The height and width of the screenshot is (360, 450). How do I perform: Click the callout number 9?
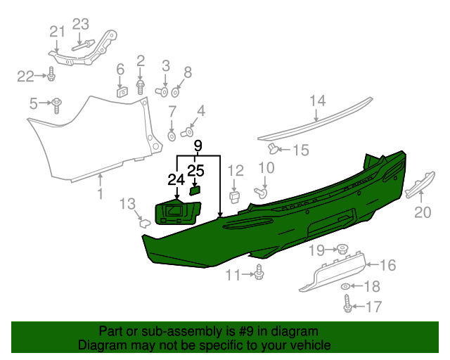(x=198, y=146)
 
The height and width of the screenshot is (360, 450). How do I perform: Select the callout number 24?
(x=176, y=180)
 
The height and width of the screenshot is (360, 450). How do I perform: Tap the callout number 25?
(x=196, y=170)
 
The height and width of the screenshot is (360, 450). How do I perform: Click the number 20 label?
(x=423, y=212)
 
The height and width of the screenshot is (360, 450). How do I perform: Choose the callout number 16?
(x=388, y=265)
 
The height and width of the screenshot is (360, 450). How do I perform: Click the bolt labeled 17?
(x=347, y=305)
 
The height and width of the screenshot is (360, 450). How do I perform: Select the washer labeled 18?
(x=345, y=287)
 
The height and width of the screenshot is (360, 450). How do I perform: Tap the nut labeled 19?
(x=342, y=248)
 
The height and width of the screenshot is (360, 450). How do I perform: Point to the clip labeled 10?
(x=263, y=191)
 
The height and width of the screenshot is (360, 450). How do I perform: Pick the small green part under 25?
(x=195, y=188)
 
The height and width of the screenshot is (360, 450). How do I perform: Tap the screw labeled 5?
(x=56, y=105)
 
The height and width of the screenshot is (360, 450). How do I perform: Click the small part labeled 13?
(x=143, y=224)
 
